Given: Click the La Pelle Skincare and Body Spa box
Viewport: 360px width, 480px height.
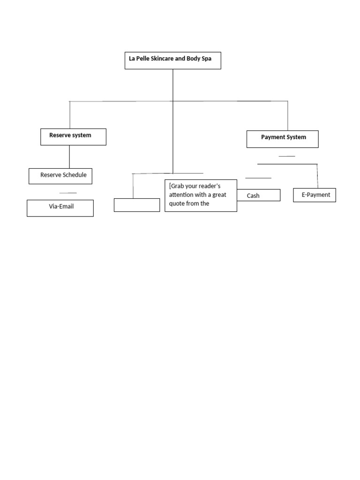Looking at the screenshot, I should pos(172,60).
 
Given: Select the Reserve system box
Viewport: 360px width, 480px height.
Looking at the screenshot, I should pos(73,136).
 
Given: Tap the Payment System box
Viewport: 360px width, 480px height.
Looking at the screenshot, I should pos(283,139).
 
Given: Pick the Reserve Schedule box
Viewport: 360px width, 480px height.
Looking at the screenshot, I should pos(60,176).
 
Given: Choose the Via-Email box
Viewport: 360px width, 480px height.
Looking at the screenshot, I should pos(60,208).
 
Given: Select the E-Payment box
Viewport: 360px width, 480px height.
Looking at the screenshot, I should pos(315,195).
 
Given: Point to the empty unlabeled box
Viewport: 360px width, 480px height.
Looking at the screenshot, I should pos(137,205).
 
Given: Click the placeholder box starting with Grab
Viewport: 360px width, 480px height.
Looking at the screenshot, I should pos(201,195).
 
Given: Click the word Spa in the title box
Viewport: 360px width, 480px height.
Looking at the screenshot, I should pos(206,59).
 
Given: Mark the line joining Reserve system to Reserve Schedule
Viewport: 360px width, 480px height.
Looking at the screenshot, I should pos(69,157).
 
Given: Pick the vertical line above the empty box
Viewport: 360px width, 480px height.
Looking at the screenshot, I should pos(133,186).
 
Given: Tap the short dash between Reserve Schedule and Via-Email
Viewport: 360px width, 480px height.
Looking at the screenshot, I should pos(68,193).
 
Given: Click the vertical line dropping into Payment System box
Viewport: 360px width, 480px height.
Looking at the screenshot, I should pos(287,116).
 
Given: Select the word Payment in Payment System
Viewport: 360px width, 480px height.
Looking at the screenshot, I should pos(272,137).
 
